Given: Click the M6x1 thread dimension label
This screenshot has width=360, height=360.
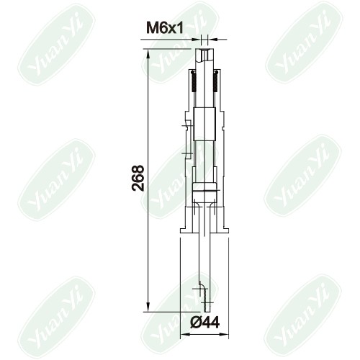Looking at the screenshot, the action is (x=165, y=28).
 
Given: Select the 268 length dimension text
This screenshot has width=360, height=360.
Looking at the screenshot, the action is (x=138, y=178).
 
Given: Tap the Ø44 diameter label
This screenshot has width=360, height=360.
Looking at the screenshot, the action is (x=204, y=323).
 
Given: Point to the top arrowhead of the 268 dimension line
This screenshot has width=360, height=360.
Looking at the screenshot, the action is (x=148, y=55).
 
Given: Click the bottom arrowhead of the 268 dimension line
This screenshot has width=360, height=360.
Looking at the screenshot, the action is (x=148, y=306).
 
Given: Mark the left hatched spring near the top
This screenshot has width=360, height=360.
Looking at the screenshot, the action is (x=194, y=81).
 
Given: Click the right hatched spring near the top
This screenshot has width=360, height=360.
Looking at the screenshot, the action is (x=215, y=81).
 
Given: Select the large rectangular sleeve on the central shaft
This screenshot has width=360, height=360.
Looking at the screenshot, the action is (x=204, y=124).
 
